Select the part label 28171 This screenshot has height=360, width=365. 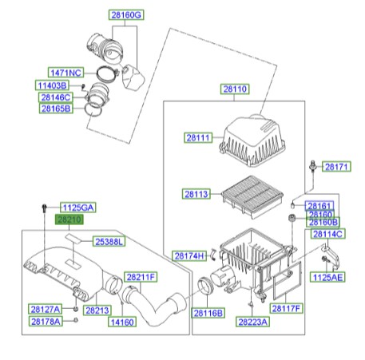point(336,167)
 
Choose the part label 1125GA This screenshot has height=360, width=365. point(78,208)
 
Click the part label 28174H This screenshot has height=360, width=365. point(191,255)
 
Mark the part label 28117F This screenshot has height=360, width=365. point(288,308)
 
